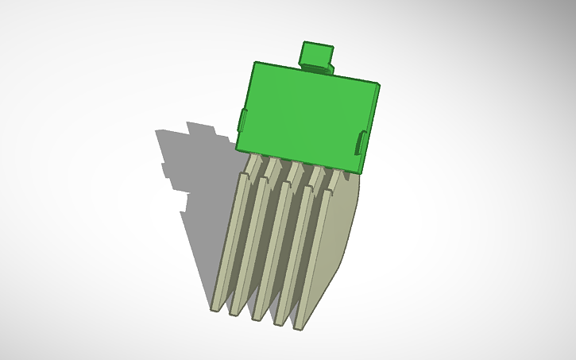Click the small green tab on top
click(x=315, y=56)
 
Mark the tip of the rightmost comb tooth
click(x=297, y=326)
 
